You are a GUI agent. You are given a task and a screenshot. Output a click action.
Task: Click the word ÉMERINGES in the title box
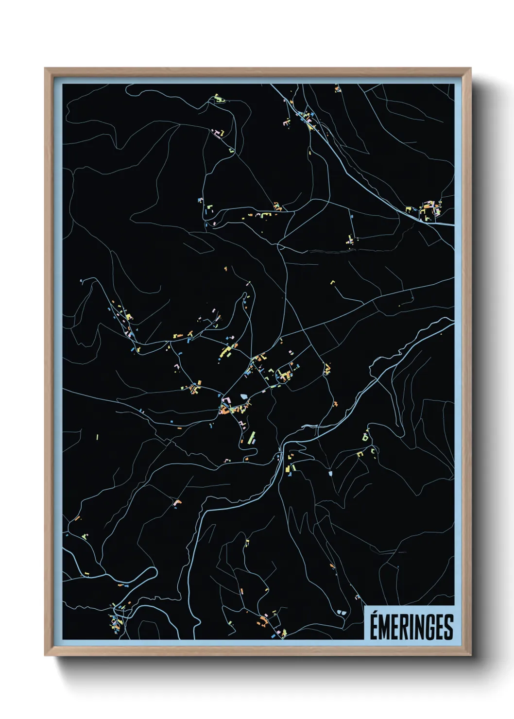tap(411, 627)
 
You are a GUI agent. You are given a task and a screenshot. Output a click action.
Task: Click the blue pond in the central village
tap(243, 397)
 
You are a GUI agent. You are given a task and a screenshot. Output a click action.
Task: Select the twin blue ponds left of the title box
tap(342, 613)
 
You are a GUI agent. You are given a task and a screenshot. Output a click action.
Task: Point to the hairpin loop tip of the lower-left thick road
tap(154, 571)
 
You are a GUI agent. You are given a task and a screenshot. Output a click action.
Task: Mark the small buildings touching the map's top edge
tap(337, 88)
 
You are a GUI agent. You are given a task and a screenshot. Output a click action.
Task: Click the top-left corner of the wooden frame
tap(46, 69)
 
